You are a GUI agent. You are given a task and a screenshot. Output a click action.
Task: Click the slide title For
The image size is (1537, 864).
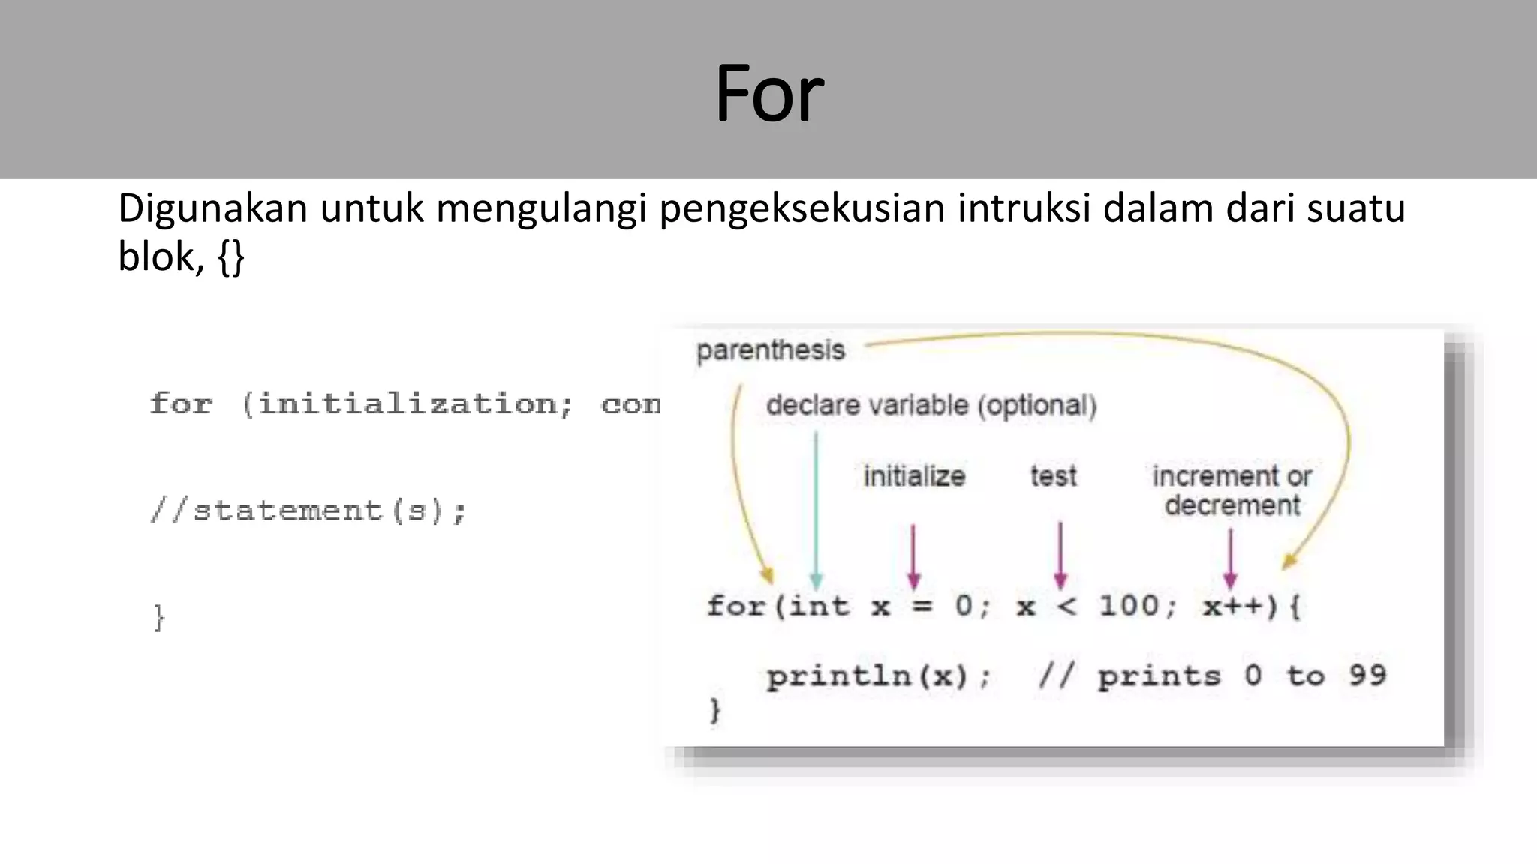click(x=769, y=94)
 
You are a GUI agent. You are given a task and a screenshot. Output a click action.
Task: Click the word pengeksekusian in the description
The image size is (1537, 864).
click(x=802, y=208)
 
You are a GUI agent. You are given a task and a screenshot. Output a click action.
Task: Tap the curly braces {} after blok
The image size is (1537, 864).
click(x=231, y=258)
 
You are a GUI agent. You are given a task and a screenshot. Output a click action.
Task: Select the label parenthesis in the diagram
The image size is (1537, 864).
click(x=770, y=350)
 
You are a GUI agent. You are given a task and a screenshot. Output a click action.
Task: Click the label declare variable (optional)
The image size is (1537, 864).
click(x=931, y=406)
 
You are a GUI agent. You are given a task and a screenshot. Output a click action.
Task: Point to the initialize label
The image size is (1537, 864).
click(x=913, y=476)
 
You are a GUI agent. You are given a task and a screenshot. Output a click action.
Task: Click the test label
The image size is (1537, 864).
click(x=1053, y=476)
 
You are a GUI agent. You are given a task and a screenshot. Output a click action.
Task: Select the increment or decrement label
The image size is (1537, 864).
click(x=1232, y=490)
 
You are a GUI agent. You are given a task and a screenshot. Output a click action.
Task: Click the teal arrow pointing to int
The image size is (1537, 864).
click(x=816, y=510)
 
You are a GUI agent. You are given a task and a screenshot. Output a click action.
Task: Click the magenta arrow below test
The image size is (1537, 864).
click(x=1060, y=555)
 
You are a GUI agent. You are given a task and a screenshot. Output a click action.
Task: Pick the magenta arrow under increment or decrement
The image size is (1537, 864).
click(x=1230, y=559)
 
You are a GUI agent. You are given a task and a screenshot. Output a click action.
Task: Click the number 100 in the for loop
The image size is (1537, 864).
click(x=1129, y=605)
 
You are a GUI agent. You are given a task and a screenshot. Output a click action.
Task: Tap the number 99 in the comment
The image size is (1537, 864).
click(x=1367, y=675)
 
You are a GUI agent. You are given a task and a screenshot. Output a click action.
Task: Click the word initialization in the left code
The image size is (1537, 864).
click(x=408, y=404)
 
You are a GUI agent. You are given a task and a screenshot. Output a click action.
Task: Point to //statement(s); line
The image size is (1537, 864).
click(x=308, y=511)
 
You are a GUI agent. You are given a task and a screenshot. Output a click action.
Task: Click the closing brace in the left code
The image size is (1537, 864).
click(x=158, y=618)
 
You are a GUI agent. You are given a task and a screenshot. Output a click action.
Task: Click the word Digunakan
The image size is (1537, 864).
click(x=212, y=208)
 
